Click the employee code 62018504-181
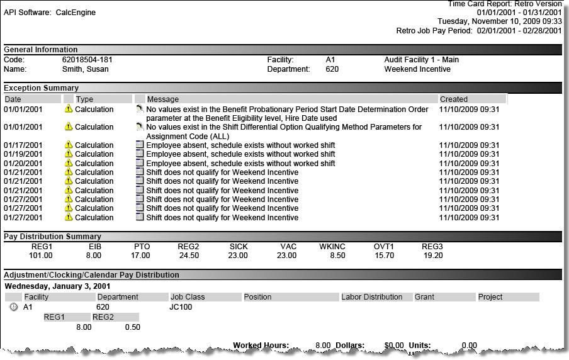[x=87, y=60]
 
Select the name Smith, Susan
[x=85, y=69]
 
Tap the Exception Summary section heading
[x=42, y=88]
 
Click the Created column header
[x=454, y=99]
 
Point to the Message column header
[x=163, y=99]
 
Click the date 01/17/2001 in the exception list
[x=23, y=145]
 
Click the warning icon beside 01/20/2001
[x=69, y=163]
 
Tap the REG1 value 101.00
[x=41, y=256]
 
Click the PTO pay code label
[x=142, y=247]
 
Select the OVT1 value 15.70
[x=384, y=256]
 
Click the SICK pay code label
[x=239, y=247]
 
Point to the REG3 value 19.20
[x=432, y=256]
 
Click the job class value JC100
[x=182, y=307]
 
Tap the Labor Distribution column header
[x=372, y=297]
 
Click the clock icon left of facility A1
[x=14, y=307]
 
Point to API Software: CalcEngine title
[x=50, y=13]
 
